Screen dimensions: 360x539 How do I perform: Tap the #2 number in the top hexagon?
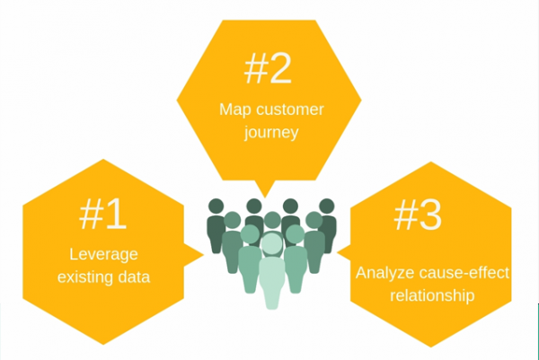pyautogui.click(x=267, y=67)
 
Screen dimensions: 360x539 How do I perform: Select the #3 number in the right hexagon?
pyautogui.click(x=418, y=215)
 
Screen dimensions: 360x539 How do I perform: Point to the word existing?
pyautogui.click(x=84, y=277)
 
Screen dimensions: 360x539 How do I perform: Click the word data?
pyautogui.click(x=133, y=277)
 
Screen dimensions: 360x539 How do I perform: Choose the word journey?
pyautogui.click(x=268, y=135)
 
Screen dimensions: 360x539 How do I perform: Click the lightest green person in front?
pyautogui.click(x=270, y=274)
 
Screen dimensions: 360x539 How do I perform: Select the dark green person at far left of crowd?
pyautogui.click(x=216, y=224)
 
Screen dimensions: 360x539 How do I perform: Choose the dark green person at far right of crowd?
pyautogui.click(x=326, y=224)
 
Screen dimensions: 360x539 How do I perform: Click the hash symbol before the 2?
pyautogui.click(x=252, y=67)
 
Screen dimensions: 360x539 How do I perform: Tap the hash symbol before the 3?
pyautogui.click(x=403, y=215)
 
